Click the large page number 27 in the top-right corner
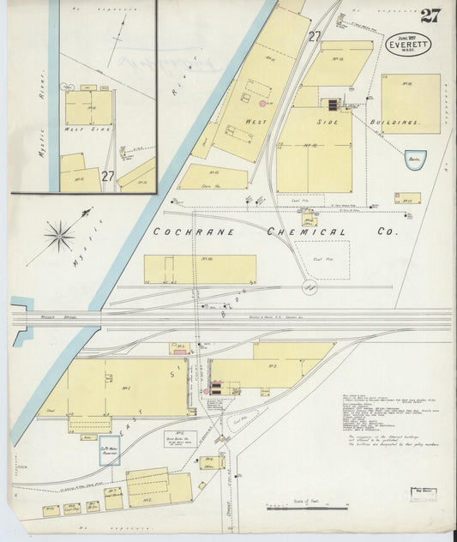pyautogui.click(x=430, y=15)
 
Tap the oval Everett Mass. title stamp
pyautogui.click(x=408, y=44)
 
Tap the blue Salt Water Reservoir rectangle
pyautogui.click(x=110, y=449)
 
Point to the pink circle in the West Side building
pyautogui.click(x=262, y=104)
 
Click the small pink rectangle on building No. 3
pyautogui.click(x=179, y=351)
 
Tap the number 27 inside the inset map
pyautogui.click(x=108, y=175)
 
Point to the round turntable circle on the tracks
pyautogui.click(x=309, y=287)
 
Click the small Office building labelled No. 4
pyautogui.click(x=209, y=462)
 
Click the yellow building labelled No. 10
pyautogui.click(x=200, y=268)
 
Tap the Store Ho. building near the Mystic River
pyautogui.click(x=213, y=178)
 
